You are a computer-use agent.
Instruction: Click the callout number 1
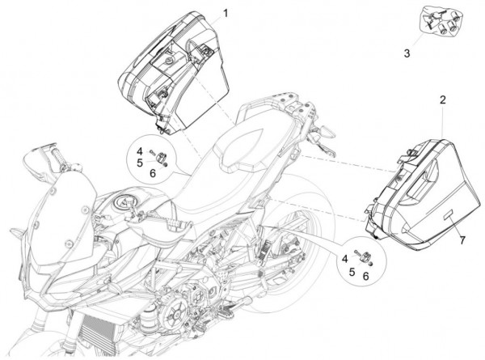[x=226, y=13]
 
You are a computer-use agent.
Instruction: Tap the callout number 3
[x=407, y=53]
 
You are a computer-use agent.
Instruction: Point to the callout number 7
[x=463, y=241]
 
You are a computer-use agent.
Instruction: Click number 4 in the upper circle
[x=138, y=151]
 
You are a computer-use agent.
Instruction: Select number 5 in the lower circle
[x=352, y=273]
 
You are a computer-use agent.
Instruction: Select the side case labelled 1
[x=170, y=65]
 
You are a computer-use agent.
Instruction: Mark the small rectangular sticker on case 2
[x=448, y=216]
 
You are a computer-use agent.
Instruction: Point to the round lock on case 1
[x=167, y=61]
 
